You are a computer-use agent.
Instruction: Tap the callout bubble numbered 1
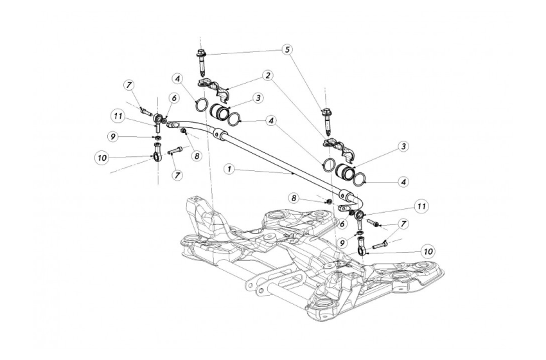[x=230, y=168]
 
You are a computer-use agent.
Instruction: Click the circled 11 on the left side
[x=117, y=116]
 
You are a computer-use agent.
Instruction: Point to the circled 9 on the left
[x=112, y=137]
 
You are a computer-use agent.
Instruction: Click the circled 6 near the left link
[x=173, y=98]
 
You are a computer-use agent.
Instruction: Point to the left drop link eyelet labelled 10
[x=157, y=154]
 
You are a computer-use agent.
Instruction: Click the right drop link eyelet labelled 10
[x=364, y=246]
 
